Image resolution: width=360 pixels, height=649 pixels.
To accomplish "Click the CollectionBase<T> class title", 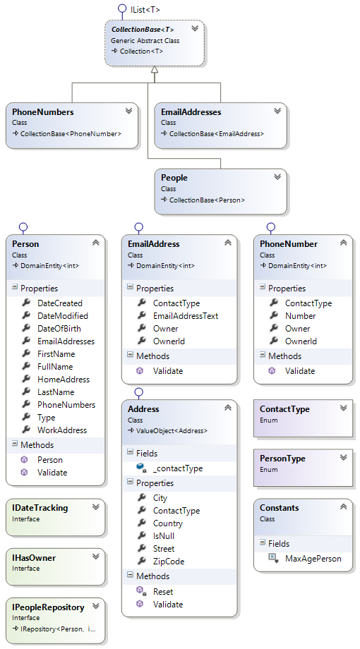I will click(142, 30).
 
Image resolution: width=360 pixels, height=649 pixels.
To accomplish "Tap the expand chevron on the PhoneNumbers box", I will click(128, 111).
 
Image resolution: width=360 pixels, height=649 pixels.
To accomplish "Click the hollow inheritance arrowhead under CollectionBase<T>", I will click(154, 71).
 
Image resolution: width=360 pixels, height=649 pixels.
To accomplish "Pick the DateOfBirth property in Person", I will click(59, 329).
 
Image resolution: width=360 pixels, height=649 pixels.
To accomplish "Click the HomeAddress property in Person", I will click(63, 380).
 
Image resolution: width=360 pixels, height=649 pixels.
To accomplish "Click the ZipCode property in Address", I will click(169, 562).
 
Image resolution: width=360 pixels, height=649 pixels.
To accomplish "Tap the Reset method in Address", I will click(162, 592).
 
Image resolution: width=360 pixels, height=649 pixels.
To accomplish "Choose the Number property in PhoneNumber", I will click(300, 316).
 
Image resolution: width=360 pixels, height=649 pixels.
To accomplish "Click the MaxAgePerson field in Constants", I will click(313, 559).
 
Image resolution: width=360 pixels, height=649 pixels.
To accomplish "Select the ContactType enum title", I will click(284, 409).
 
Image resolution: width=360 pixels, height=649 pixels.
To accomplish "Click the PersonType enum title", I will click(282, 459).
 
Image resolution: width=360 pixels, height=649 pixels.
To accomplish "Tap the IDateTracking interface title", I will click(41, 508).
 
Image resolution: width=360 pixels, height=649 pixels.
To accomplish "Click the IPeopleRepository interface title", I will click(48, 607).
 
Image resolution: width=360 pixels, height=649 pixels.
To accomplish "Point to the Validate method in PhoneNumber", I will click(300, 371).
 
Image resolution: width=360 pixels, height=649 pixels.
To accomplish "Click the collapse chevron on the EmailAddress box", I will click(227, 243).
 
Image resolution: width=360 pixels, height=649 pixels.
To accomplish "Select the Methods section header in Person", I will click(37, 445).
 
